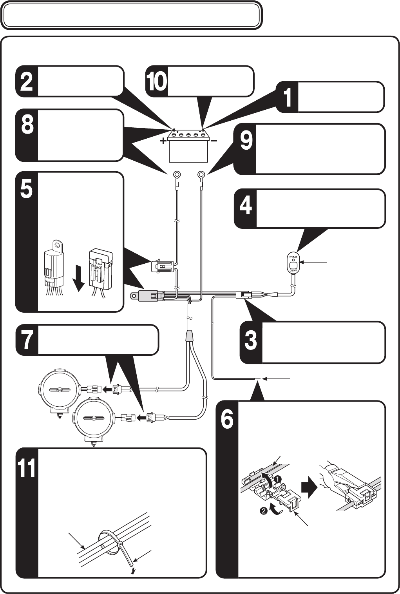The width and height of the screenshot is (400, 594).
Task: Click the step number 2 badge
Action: click(27, 81)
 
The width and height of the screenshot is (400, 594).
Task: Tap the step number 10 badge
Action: click(157, 81)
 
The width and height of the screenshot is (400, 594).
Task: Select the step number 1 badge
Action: click(287, 97)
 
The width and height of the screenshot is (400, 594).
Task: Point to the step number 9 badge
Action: click(245, 149)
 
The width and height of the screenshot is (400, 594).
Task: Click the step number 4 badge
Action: click(245, 208)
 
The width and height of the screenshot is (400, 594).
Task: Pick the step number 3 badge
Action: click(251, 342)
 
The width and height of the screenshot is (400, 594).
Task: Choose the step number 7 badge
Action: click(27, 340)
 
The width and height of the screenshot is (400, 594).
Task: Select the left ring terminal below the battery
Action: click(176, 175)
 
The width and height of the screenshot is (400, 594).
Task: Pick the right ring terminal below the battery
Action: click(201, 175)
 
